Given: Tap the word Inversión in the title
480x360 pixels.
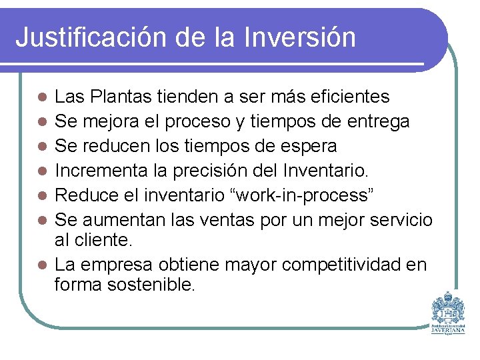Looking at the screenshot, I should point(299,37).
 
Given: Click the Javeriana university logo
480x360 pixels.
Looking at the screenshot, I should point(448,312).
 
